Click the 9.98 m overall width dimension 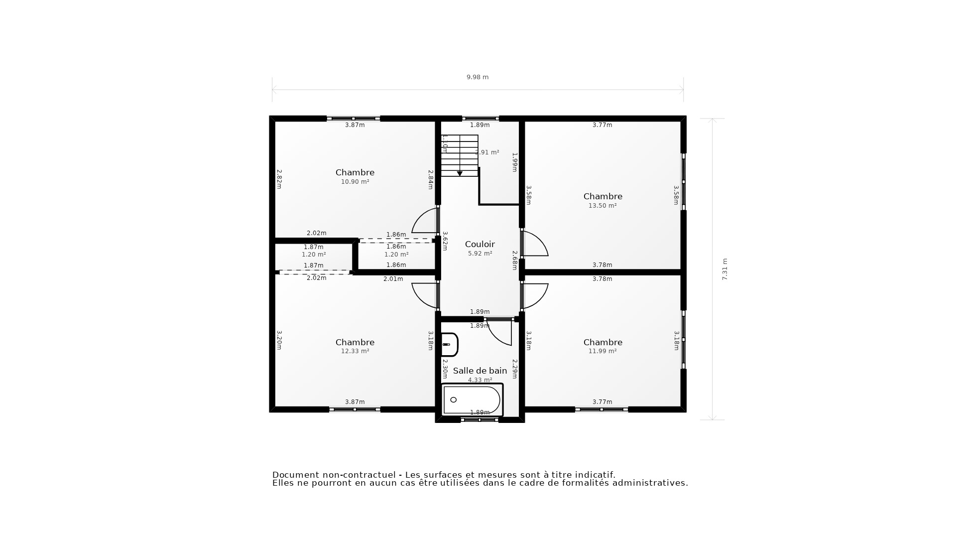click(x=477, y=77)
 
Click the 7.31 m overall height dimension click(x=725, y=269)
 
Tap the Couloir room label click(x=479, y=244)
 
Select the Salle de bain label click(x=479, y=371)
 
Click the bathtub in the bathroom click(x=472, y=400)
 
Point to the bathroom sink click(x=449, y=344)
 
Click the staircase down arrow click(x=460, y=173)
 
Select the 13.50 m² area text click(x=602, y=206)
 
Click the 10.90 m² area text click(x=355, y=182)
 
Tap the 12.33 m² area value click(x=355, y=351)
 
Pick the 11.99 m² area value click(x=602, y=351)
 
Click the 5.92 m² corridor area click(x=479, y=254)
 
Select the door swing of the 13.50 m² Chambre click(x=535, y=244)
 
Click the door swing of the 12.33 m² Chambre click(x=425, y=295)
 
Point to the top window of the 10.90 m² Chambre click(x=353, y=119)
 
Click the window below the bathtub click(x=479, y=420)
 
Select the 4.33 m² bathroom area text click(x=479, y=380)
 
